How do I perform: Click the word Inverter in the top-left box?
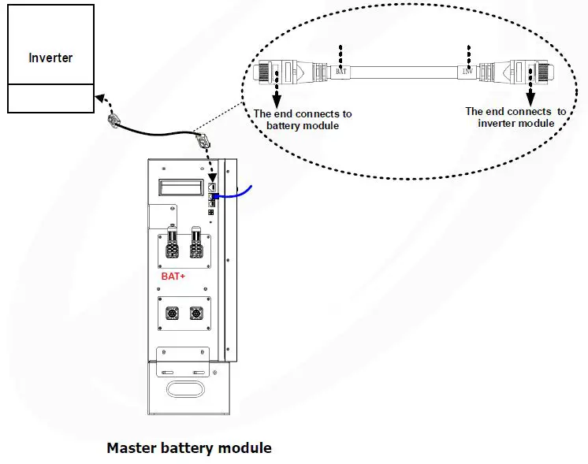click(x=50, y=58)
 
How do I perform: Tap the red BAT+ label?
click(x=173, y=277)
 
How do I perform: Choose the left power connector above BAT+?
click(x=170, y=249)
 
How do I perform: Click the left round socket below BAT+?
click(x=171, y=313)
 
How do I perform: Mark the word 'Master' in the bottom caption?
click(x=132, y=447)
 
